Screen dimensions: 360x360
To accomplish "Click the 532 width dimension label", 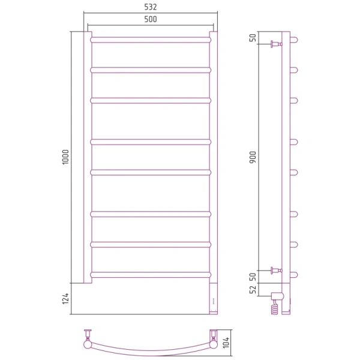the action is [151, 7].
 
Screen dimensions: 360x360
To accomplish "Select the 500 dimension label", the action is [151, 19].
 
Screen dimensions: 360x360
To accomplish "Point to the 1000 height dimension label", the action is [65, 157].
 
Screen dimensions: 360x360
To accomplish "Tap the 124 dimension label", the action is [65, 298].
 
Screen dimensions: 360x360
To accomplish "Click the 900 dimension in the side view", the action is [253, 157].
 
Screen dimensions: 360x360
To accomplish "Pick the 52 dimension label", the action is [253, 290].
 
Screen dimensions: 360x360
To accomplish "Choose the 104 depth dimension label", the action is [226, 343].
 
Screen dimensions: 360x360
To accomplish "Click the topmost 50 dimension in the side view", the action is [253, 38].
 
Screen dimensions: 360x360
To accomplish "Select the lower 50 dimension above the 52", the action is [253, 277].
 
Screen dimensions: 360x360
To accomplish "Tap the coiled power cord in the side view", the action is [275, 307].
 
